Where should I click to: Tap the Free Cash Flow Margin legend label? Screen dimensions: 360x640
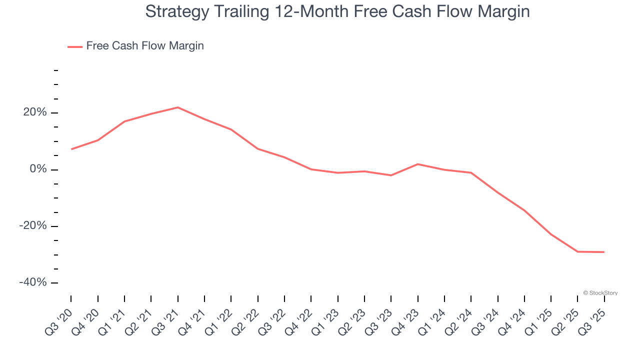(145, 46)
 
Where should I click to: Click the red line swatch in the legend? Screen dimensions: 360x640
(75, 46)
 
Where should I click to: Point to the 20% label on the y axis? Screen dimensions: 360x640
(35, 113)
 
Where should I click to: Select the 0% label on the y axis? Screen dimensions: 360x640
(38, 169)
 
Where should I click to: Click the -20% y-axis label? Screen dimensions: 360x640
(33, 226)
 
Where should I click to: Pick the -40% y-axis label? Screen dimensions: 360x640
(33, 282)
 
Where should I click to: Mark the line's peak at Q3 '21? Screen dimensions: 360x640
(178, 107)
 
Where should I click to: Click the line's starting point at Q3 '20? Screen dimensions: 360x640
(71, 149)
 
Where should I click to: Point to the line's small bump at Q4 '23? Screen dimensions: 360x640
(417, 164)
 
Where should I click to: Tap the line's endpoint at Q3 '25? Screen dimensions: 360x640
(604, 252)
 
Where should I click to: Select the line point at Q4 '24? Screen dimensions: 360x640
(524, 210)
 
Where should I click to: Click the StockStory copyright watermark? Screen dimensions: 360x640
(600, 293)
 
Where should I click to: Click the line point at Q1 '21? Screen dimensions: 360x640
(124, 121)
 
